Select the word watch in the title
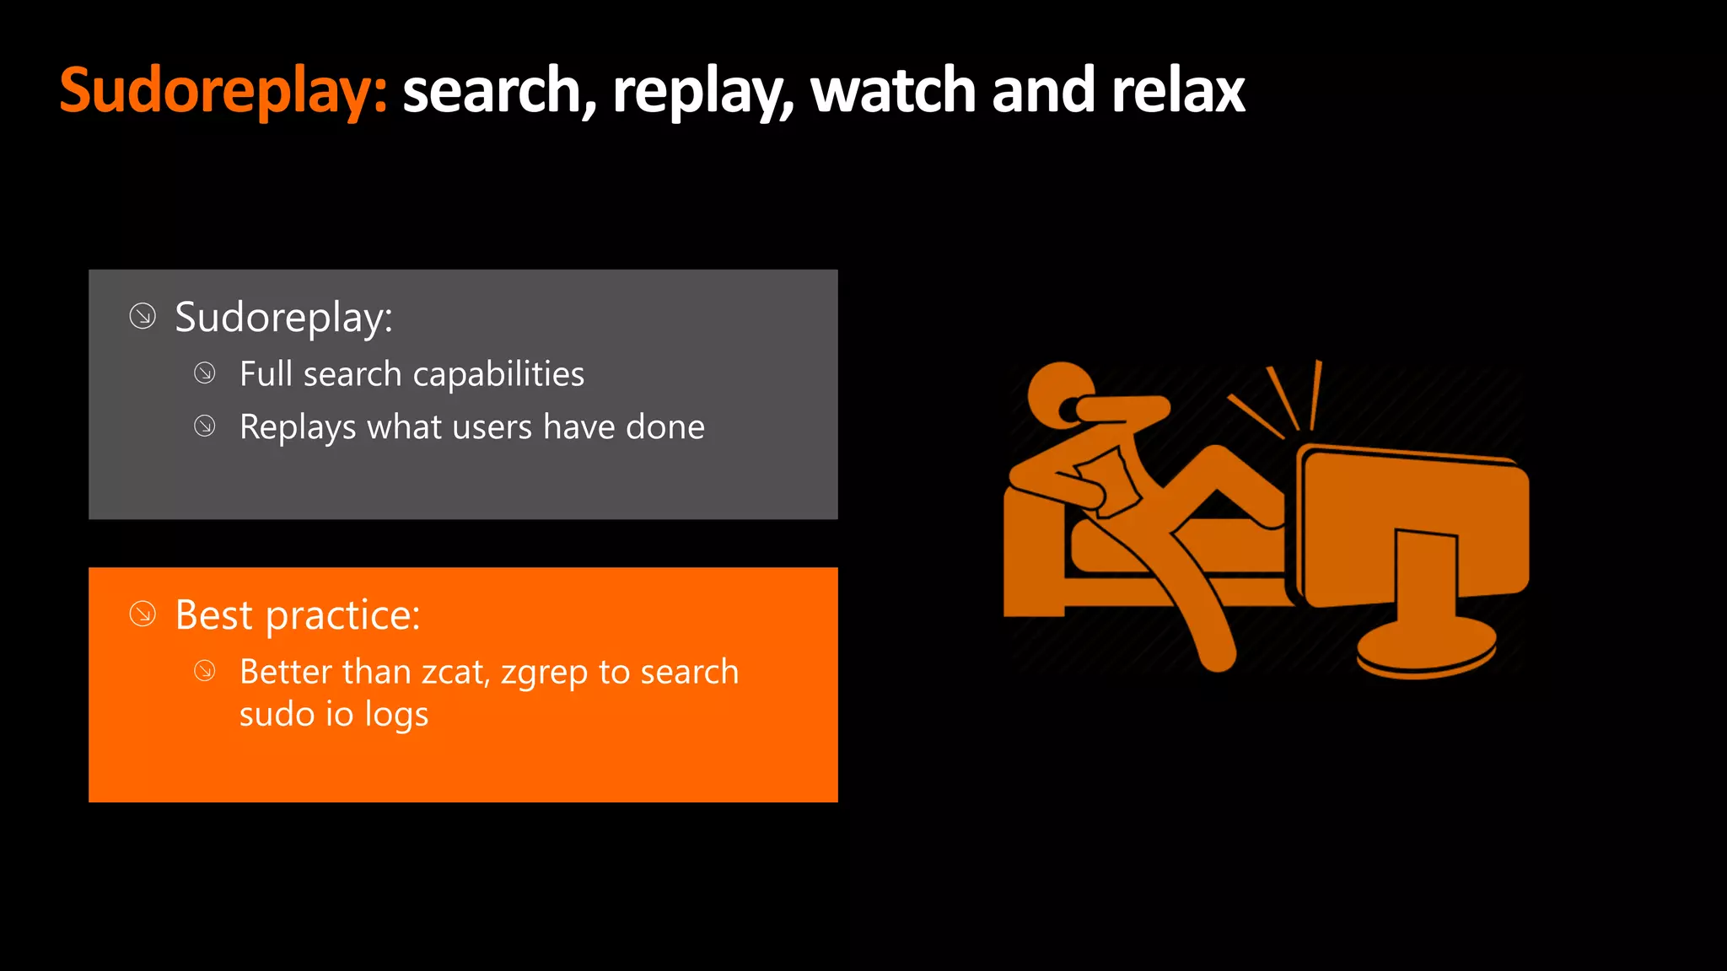click(x=893, y=91)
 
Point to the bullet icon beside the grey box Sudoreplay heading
click(x=143, y=317)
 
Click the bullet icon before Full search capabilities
click(x=205, y=373)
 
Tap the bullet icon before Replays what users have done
click(x=205, y=426)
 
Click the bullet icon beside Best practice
click(x=143, y=614)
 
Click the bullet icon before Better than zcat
click(x=205, y=671)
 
